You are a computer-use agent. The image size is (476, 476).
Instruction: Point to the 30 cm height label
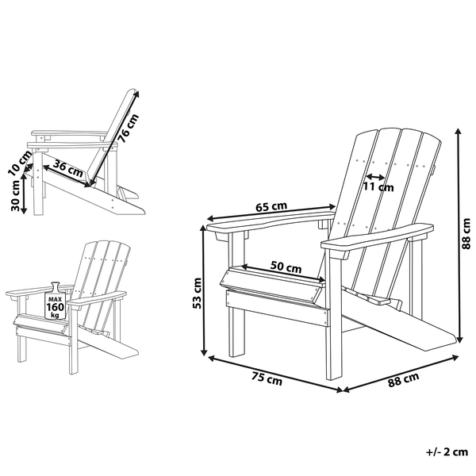tap(16, 195)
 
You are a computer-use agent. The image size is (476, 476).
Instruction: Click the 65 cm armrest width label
tap(271, 207)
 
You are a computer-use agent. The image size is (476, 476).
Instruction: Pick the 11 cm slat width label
tap(378, 187)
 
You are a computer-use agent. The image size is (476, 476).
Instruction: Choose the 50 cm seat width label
tap(286, 267)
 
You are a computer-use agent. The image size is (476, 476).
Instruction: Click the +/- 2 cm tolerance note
tap(445, 453)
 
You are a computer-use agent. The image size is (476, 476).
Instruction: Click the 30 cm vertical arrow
tap(25, 195)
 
